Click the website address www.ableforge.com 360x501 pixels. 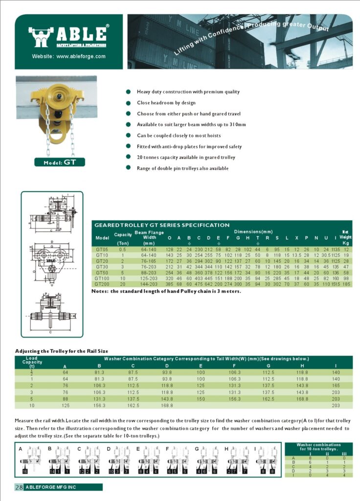pos(69,56)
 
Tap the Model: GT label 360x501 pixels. pos(59,162)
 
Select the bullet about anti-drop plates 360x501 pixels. pos(189,146)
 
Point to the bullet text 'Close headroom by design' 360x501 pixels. pos(166,103)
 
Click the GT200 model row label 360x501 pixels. pos(102,284)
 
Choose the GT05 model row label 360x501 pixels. pos(102,250)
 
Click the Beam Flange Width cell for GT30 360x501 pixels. pos(149,267)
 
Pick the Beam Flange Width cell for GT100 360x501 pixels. pos(149,278)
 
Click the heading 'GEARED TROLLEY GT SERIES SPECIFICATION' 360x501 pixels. pos(161,225)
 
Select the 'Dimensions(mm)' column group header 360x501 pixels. pos(253,231)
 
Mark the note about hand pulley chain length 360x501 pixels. pos(166,291)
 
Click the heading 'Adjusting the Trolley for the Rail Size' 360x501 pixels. pos(62,351)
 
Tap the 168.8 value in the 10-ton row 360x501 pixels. pos(167,405)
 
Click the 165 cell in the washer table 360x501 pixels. pos(336,385)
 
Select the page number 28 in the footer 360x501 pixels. pos(19,487)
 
